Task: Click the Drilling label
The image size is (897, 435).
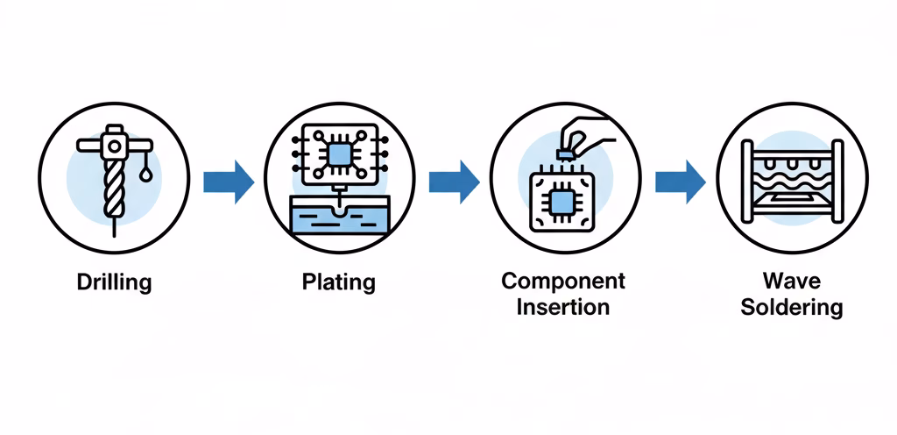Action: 114,283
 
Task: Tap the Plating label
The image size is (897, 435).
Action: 338,282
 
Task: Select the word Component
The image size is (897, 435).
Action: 563,282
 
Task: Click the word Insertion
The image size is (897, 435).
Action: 562,308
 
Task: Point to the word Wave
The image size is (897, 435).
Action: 792,282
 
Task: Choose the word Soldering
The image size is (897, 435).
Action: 792,308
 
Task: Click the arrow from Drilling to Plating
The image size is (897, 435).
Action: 229,182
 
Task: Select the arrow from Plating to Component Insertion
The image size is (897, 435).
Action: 454,182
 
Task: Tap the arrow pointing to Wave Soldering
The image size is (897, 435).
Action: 680,182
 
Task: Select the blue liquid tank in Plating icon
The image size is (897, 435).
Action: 338,216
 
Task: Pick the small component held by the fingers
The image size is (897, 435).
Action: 565,155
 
